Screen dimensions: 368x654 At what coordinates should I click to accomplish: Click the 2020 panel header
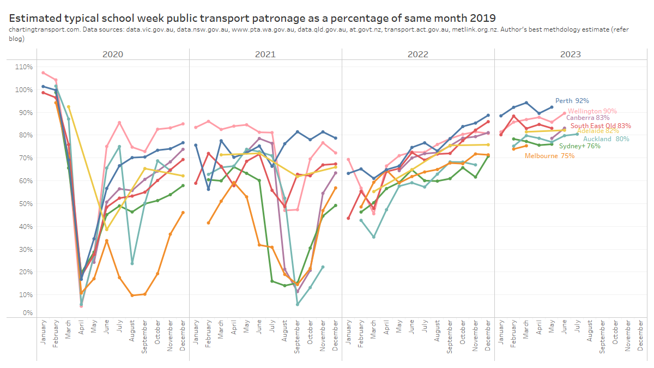pos(113,54)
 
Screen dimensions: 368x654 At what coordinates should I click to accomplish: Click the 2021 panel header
pos(265,54)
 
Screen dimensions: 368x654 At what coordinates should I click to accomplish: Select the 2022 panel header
pos(418,54)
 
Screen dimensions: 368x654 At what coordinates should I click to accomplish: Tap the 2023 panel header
pos(570,54)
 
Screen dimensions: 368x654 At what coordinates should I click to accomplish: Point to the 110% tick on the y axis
pos(25,67)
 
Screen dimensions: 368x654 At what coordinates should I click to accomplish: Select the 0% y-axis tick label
pos(28,313)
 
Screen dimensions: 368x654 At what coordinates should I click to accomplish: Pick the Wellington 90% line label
pos(592,111)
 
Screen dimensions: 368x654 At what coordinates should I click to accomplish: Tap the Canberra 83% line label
pos(588,118)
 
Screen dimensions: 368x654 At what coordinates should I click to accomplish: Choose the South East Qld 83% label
pos(601,126)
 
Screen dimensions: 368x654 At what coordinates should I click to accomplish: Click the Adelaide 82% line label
pos(598,131)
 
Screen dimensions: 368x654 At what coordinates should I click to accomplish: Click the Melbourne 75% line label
pos(549,156)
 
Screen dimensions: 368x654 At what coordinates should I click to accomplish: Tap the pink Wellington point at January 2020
pos(43,73)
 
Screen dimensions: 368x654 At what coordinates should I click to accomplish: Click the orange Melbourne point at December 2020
pos(183,213)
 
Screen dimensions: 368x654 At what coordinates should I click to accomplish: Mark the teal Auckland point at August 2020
pos(132,263)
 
